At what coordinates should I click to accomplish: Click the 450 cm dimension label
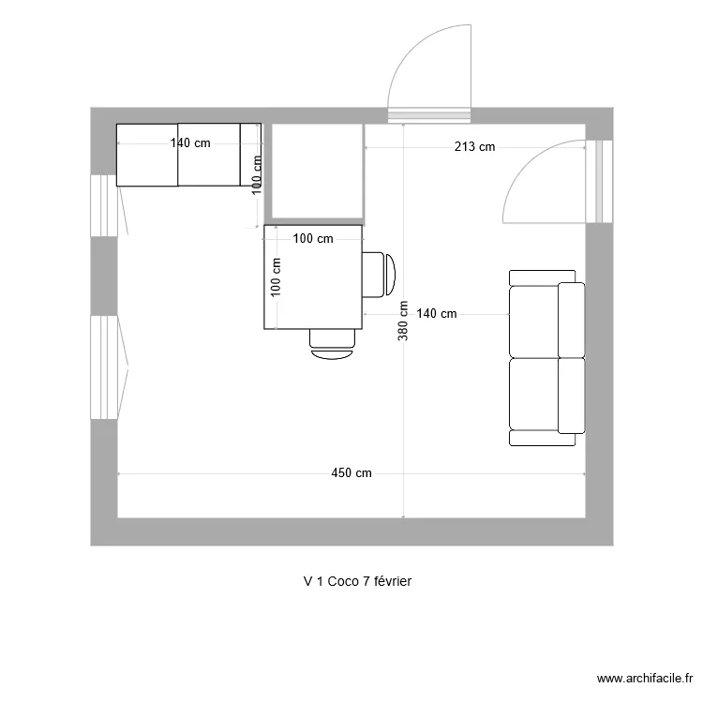351,473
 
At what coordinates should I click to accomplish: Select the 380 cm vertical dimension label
403,321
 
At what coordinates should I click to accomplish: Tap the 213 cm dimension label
475,146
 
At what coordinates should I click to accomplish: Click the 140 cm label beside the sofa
436,314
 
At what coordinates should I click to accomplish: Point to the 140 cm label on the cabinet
189,143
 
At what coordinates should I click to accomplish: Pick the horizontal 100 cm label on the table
312,239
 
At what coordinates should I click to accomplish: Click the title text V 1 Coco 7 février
357,581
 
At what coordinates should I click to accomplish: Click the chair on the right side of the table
380,274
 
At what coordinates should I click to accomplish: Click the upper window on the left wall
104,204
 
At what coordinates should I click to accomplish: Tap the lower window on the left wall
104,366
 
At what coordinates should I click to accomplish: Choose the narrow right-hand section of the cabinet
250,154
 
